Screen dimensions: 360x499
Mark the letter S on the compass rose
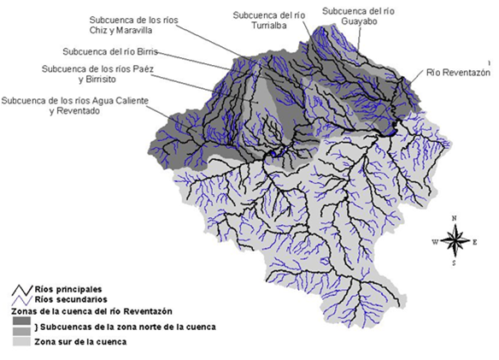point(457,263)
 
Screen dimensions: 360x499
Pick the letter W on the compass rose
point(435,242)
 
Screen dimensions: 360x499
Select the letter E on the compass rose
point(477,242)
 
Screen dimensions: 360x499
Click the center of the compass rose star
point(457,241)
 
